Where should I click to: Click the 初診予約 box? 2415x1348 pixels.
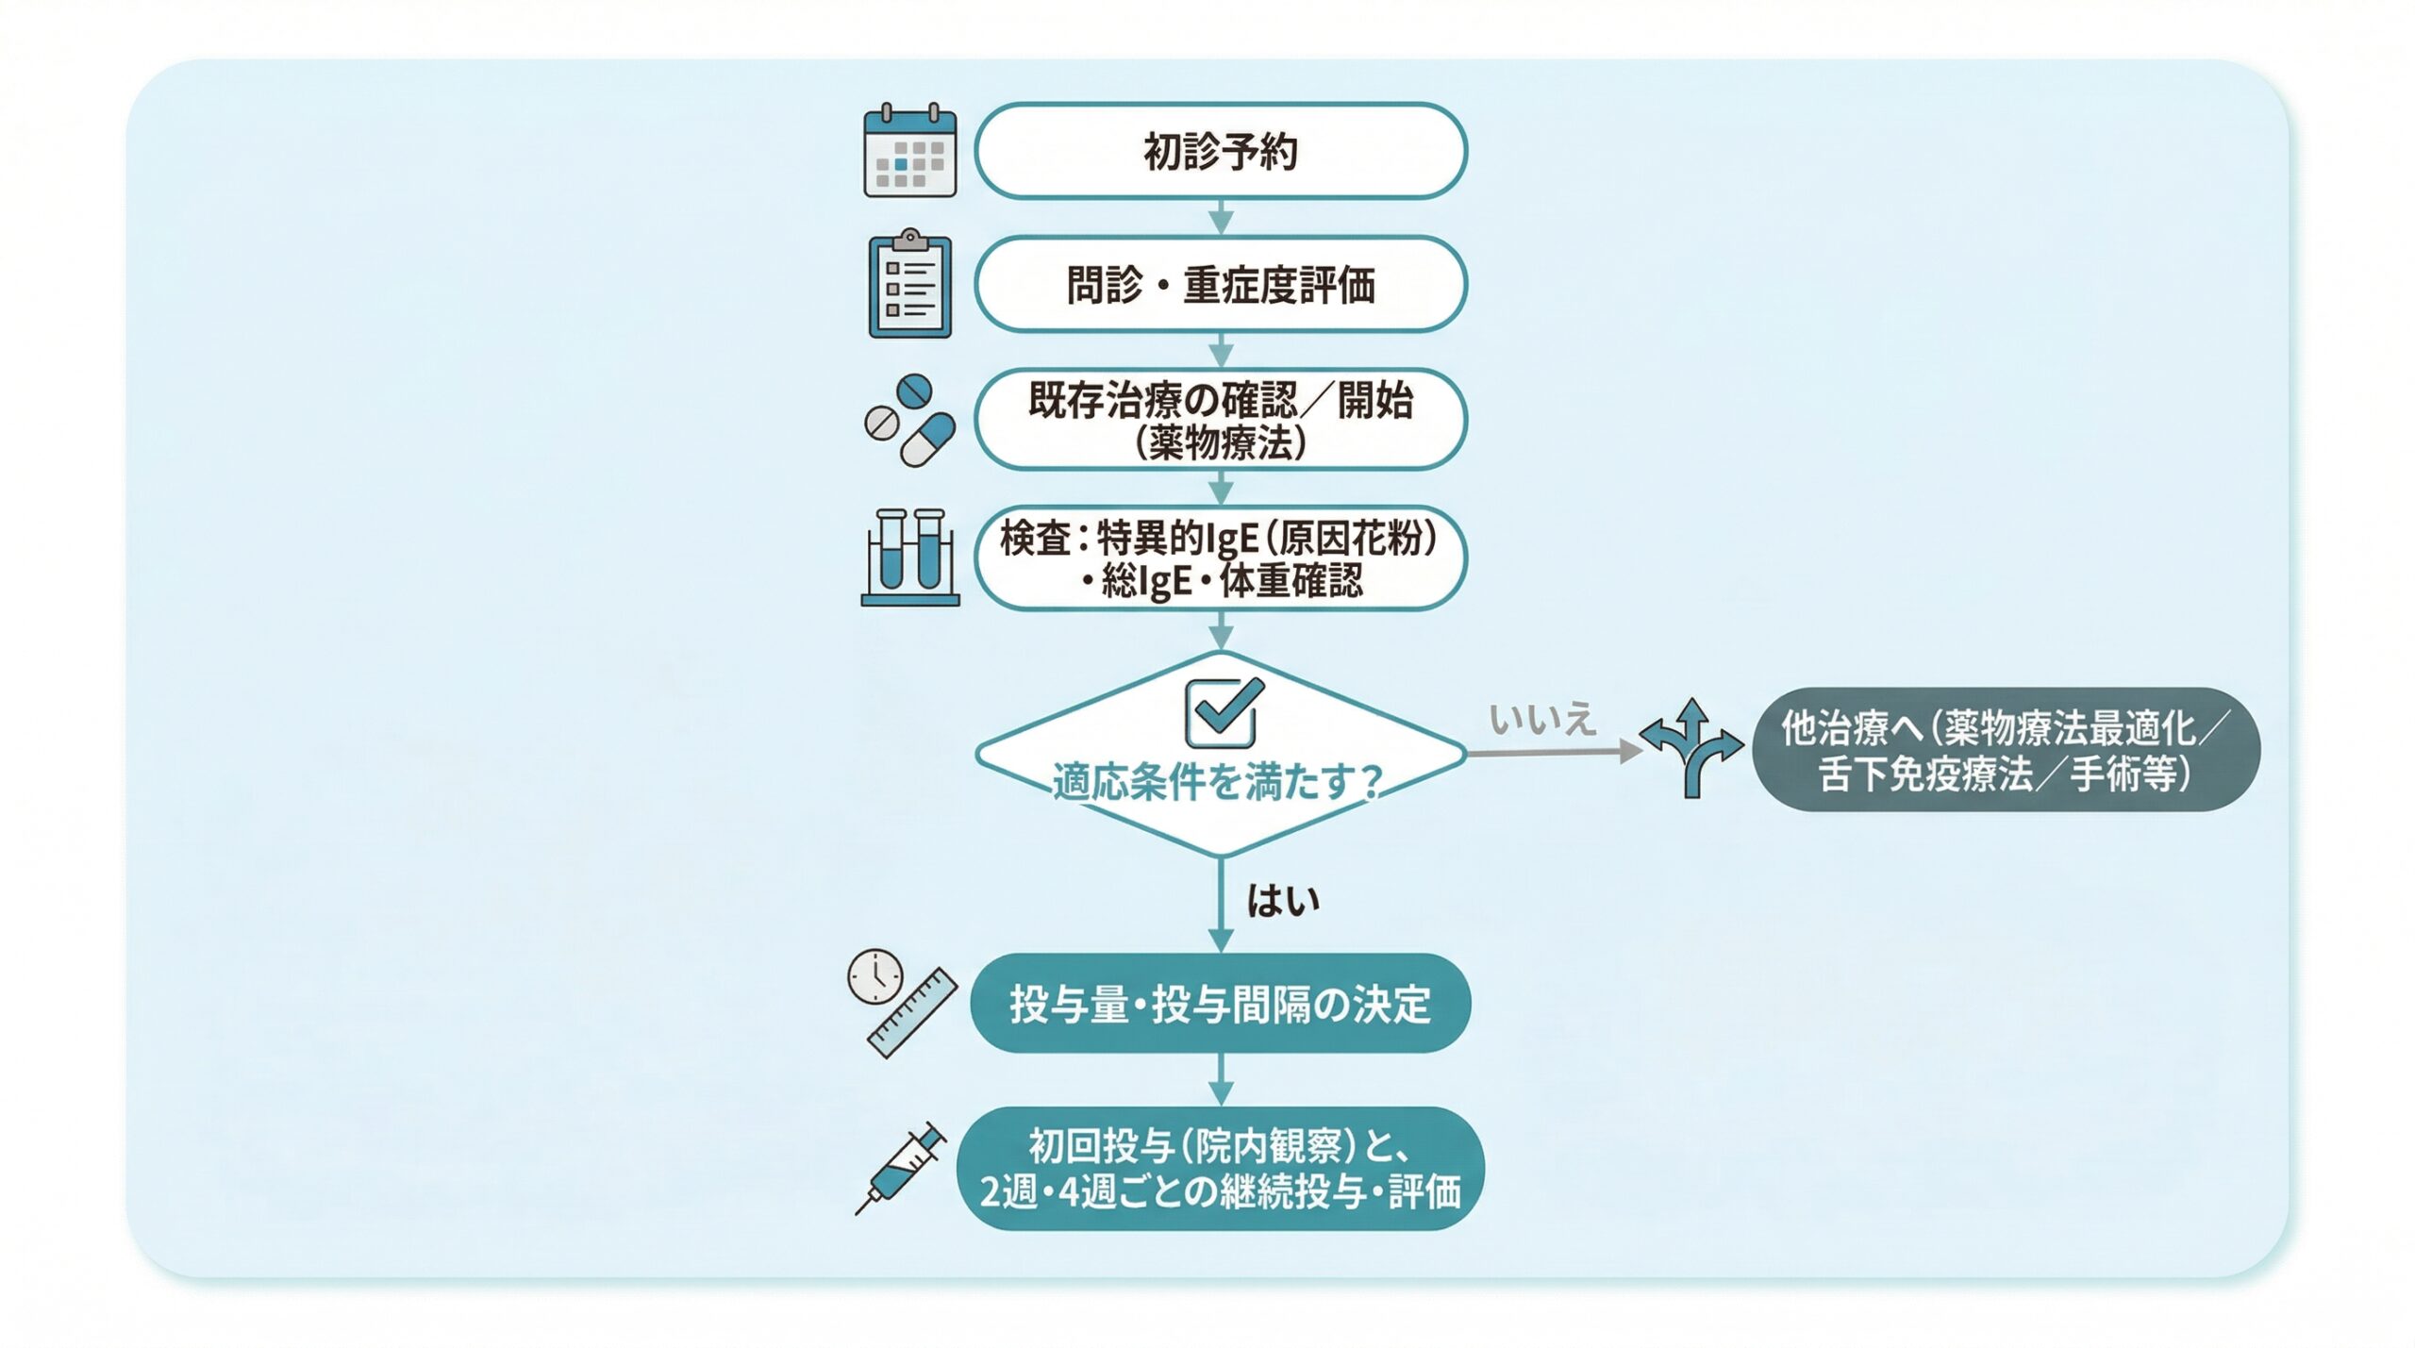[x=1220, y=151]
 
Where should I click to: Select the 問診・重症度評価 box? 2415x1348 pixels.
[x=1220, y=284]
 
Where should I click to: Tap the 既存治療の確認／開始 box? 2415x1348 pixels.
[x=1220, y=419]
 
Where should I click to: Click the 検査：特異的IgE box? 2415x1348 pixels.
[x=1220, y=558]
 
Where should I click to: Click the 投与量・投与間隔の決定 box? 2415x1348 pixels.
[x=1220, y=1003]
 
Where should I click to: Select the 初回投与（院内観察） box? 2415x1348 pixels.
[x=1220, y=1168]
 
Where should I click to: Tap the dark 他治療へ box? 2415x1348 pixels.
[x=2005, y=750]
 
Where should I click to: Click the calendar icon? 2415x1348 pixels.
[x=909, y=151]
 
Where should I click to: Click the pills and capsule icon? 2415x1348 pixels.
[x=909, y=420]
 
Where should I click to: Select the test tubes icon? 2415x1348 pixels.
[x=909, y=557]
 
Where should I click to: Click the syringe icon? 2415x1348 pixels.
[x=901, y=1168]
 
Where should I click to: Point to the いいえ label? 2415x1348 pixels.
[x=1542, y=721]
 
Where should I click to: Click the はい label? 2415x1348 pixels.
[x=1283, y=902]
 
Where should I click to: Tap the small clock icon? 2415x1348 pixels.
[x=874, y=976]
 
